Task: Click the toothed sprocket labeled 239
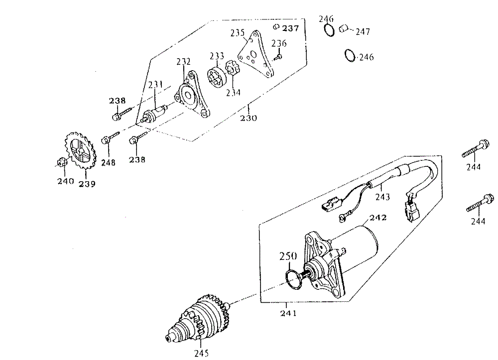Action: (x=80, y=152)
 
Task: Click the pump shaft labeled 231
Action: (x=154, y=114)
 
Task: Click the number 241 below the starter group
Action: (x=288, y=313)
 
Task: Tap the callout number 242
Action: (x=377, y=218)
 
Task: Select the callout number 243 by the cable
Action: (x=383, y=197)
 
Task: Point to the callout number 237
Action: (x=291, y=28)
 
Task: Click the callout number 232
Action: (x=183, y=62)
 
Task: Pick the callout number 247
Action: (x=363, y=32)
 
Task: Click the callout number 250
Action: (x=288, y=256)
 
